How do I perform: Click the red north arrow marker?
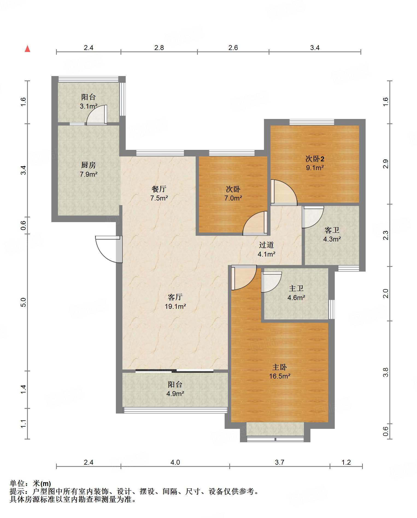coord(27,49)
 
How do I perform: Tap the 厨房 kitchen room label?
coord(88,165)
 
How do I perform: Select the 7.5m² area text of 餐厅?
coord(159,198)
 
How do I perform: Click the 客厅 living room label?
coord(175,297)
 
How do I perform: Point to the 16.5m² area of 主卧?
coord(280,376)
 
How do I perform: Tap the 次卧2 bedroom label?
coord(315,159)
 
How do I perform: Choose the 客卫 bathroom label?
coord(332,230)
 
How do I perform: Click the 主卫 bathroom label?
coord(296,288)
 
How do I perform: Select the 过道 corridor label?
coord(266,245)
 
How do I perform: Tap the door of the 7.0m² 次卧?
coord(255,223)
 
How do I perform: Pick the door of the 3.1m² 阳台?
coord(97,115)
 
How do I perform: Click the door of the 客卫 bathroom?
coord(313,217)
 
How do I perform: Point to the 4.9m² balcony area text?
coord(175,394)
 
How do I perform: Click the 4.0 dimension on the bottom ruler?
coord(175,462)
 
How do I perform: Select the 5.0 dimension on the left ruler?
coord(23,302)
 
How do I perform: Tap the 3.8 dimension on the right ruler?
coord(386,372)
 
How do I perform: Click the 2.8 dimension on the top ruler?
coord(159,48)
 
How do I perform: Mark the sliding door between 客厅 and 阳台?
coord(175,371)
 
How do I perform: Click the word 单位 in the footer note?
coord(17,484)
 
